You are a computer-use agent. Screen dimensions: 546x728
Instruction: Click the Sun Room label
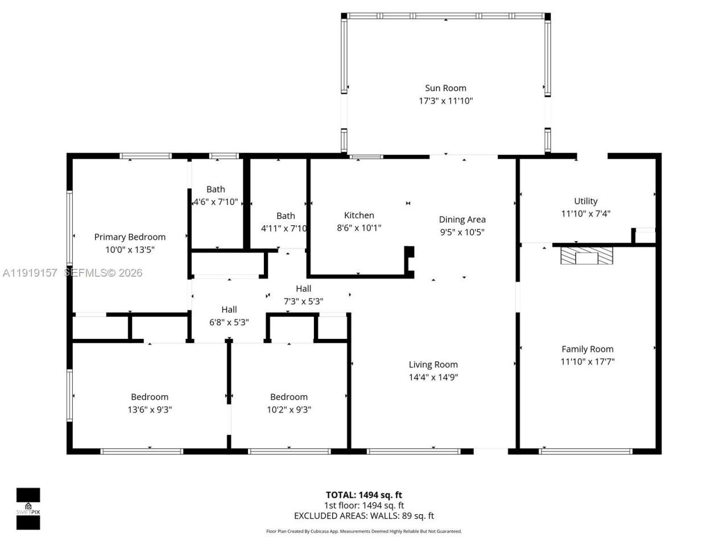(445, 88)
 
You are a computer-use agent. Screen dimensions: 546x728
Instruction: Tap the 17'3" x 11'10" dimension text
(445, 101)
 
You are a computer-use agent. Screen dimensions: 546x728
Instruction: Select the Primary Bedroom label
(130, 237)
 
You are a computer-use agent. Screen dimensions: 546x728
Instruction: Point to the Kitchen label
(359, 216)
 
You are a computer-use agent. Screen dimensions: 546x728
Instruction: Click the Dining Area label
(462, 220)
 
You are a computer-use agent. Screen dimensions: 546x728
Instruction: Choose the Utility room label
(585, 201)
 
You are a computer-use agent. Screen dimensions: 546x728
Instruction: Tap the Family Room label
(587, 349)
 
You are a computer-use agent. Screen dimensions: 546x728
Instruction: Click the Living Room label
(433, 365)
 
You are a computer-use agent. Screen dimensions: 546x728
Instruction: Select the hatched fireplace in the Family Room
(587, 255)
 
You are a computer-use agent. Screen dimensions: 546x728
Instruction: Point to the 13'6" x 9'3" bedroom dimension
(150, 409)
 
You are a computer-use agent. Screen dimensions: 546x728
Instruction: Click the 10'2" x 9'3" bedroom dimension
(289, 409)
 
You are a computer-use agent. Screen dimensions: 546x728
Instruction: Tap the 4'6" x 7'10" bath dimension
(216, 202)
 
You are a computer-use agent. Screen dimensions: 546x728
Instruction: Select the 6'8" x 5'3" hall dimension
(229, 322)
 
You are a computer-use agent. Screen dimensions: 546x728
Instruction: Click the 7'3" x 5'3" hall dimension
(303, 301)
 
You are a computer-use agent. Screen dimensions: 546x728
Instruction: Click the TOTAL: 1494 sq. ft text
(363, 495)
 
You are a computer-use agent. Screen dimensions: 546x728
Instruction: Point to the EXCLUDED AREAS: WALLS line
(363, 516)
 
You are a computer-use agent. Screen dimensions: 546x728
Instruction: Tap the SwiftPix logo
(28, 508)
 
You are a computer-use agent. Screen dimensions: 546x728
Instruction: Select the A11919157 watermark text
(30, 273)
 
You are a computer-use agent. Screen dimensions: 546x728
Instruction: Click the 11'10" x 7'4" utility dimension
(585, 214)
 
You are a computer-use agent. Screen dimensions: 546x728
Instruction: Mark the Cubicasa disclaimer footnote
(363, 531)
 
